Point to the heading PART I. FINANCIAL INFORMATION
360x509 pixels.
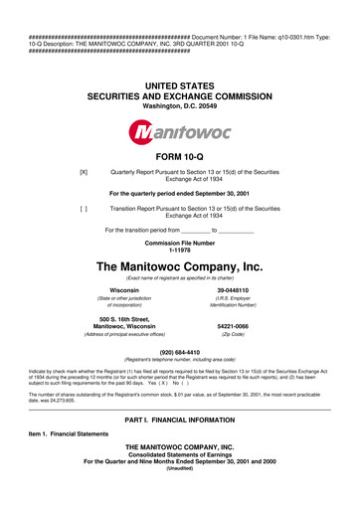click(x=180, y=424)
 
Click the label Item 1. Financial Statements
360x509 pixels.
click(x=64, y=434)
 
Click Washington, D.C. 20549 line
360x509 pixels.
click(x=180, y=106)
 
